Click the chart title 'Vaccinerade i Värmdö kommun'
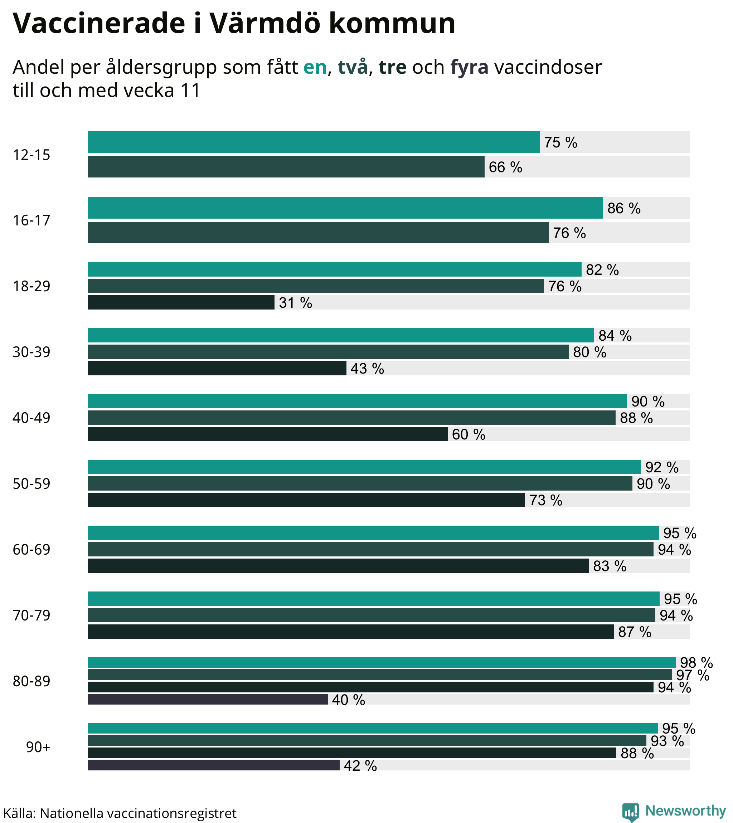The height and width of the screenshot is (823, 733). pyautogui.click(x=234, y=23)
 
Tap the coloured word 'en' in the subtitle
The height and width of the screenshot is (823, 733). pyautogui.click(x=315, y=67)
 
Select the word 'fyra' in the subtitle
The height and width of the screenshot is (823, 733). pyautogui.click(x=469, y=67)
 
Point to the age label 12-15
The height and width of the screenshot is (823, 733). pyautogui.click(x=31, y=155)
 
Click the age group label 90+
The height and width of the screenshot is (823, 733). pyautogui.click(x=38, y=747)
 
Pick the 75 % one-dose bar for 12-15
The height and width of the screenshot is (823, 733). pyautogui.click(x=313, y=142)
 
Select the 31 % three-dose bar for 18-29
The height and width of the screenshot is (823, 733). pyautogui.click(x=181, y=302)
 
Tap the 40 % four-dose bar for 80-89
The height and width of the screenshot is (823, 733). pyautogui.click(x=208, y=700)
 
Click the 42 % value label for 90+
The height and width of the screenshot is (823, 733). pyautogui.click(x=360, y=765)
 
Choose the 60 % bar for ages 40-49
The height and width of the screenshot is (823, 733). pyautogui.click(x=267, y=434)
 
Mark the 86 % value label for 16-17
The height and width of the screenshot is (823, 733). pyautogui.click(x=623, y=208)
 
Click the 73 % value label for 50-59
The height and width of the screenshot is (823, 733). pyautogui.click(x=545, y=500)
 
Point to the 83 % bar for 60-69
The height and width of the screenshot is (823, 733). pyautogui.click(x=338, y=566)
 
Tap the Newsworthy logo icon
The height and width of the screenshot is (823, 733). pyautogui.click(x=630, y=811)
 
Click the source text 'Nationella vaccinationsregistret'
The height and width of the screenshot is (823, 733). pyautogui.click(x=138, y=813)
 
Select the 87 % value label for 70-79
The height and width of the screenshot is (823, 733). pyautogui.click(x=634, y=632)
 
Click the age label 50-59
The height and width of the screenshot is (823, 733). pyautogui.click(x=31, y=483)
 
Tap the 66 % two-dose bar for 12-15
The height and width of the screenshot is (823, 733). pyautogui.click(x=286, y=167)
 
